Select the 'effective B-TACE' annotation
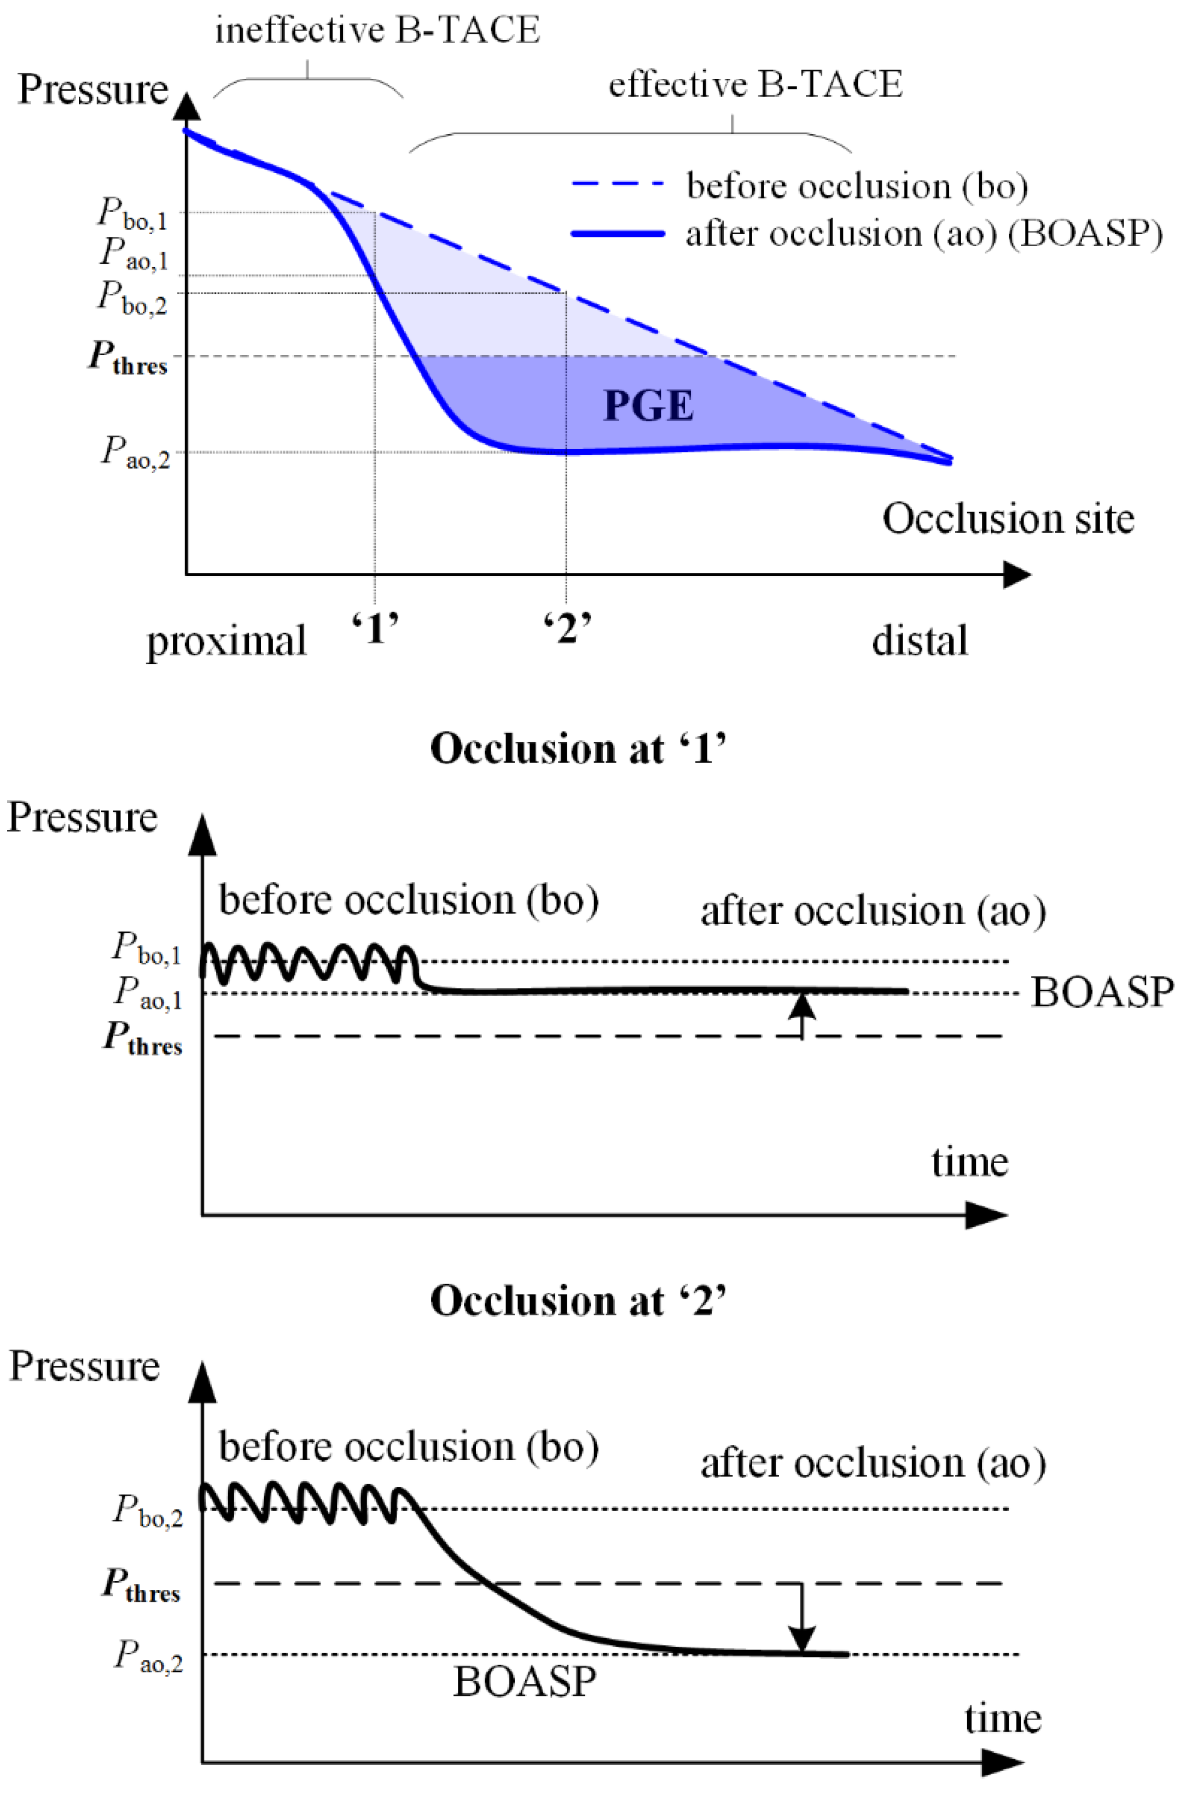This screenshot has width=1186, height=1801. [755, 84]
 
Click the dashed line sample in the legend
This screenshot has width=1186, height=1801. [617, 184]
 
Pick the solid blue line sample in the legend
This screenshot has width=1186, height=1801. [617, 234]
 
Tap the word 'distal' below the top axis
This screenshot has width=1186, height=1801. [919, 641]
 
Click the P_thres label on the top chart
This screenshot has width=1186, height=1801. [127, 357]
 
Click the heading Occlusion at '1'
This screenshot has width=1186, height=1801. [578, 748]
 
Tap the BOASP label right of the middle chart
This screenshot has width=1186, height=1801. [1101, 992]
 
